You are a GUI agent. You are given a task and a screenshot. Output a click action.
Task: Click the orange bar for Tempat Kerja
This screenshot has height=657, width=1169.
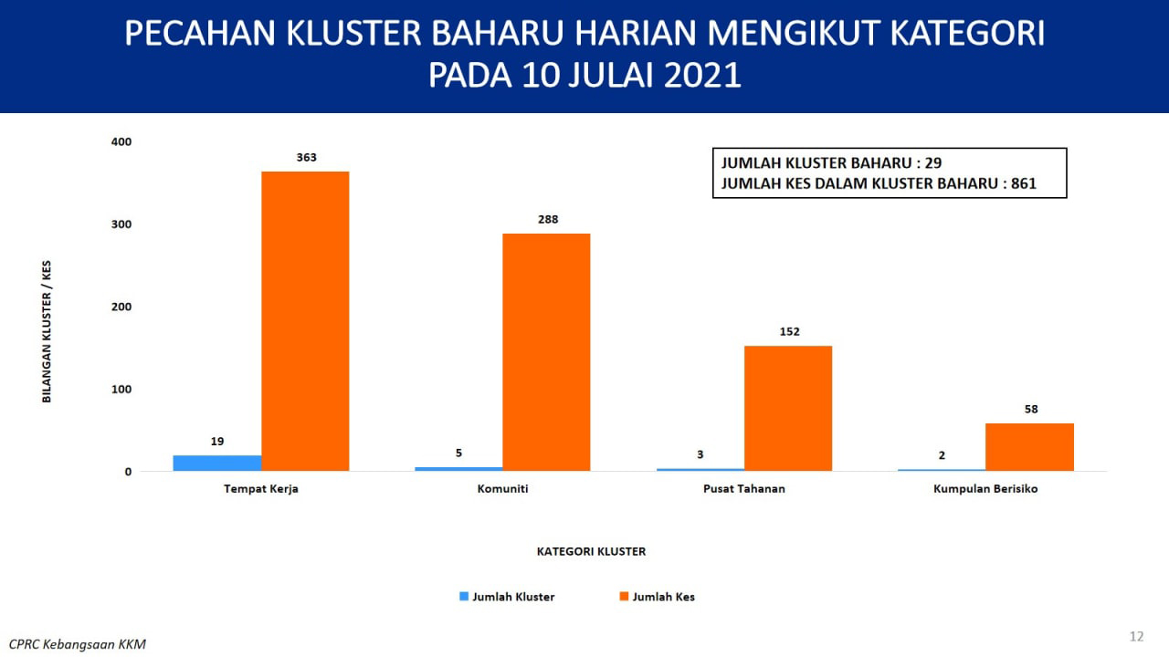[305, 321]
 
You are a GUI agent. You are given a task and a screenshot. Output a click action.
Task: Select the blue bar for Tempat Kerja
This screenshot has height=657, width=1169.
[217, 463]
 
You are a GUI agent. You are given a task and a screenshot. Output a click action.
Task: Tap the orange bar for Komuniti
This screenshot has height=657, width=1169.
[546, 352]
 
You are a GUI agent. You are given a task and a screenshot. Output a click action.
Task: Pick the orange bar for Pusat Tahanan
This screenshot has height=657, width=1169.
[788, 408]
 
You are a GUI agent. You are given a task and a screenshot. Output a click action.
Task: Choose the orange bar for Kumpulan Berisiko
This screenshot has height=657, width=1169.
[1029, 447]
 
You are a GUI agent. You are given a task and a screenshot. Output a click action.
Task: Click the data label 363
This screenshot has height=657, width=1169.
[306, 158]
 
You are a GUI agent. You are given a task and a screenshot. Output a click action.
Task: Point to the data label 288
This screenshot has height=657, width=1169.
[548, 220]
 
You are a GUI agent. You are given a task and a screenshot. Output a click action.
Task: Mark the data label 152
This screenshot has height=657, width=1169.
[790, 331]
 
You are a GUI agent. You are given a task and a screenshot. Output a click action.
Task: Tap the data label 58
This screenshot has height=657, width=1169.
[1031, 410]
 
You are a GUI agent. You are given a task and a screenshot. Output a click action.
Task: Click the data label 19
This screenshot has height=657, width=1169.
[217, 442]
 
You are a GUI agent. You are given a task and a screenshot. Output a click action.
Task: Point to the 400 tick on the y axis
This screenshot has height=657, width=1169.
[121, 141]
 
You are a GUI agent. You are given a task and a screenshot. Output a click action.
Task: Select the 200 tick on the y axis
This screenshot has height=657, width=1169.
[121, 307]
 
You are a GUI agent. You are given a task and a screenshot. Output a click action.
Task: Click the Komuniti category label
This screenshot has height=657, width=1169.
[502, 488]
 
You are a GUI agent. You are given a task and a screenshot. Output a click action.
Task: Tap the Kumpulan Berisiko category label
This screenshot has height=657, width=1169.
[985, 489]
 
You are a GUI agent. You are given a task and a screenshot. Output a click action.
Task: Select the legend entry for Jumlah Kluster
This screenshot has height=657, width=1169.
[507, 597]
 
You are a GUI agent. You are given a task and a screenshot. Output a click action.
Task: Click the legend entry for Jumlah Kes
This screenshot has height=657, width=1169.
[657, 597]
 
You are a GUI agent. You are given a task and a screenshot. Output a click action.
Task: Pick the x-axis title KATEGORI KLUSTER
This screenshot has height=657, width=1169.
[591, 551]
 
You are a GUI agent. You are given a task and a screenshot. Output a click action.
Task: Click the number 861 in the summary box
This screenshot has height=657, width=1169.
[1024, 183]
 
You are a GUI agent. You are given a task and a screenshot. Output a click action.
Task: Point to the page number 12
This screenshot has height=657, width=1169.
[1137, 636]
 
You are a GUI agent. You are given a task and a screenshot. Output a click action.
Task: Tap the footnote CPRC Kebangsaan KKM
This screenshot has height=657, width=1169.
[78, 644]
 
